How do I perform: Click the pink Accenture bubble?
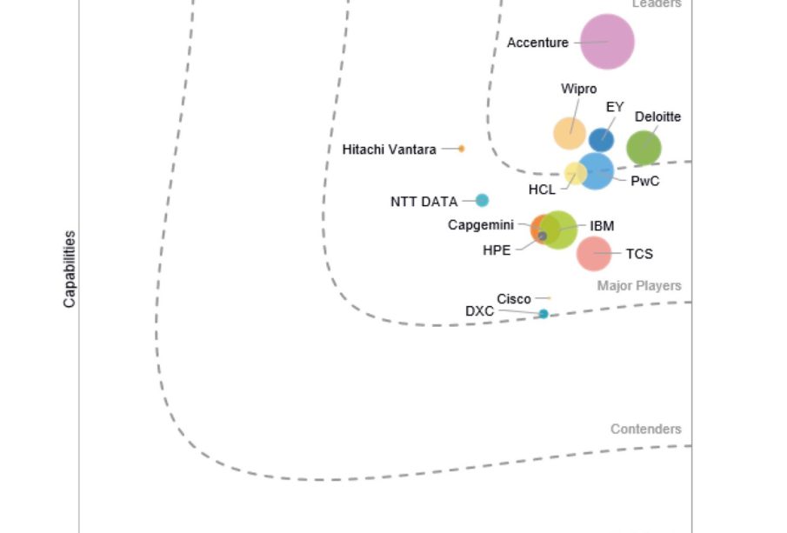(607, 42)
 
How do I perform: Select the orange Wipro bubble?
(570, 133)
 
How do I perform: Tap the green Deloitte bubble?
(644, 148)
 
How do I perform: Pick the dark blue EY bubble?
(601, 139)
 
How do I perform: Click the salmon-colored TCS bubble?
(594, 254)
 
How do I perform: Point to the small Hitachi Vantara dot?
(461, 149)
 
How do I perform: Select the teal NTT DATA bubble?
(482, 200)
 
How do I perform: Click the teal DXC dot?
(544, 314)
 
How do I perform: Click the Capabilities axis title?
(70, 269)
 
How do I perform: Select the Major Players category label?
(639, 286)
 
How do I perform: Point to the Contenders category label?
(645, 429)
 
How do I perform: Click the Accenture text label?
(537, 43)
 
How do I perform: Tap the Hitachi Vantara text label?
(390, 150)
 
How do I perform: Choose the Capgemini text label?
(481, 225)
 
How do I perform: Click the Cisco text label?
(514, 299)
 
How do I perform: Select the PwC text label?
(644, 182)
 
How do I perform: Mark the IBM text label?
(602, 226)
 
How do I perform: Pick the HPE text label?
(497, 250)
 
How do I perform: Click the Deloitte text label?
(657, 117)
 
